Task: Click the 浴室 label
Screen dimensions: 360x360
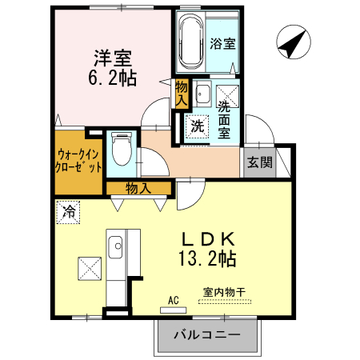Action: point(222,43)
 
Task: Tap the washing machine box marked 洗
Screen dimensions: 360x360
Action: point(196,125)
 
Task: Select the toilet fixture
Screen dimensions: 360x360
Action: point(122,148)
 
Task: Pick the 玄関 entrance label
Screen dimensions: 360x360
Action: point(259,162)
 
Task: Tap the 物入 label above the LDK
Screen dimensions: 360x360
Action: point(138,189)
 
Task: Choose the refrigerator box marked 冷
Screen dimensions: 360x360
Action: point(69,213)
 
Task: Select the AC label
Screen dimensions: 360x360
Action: point(172,301)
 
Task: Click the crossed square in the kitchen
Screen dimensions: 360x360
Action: point(89,269)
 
